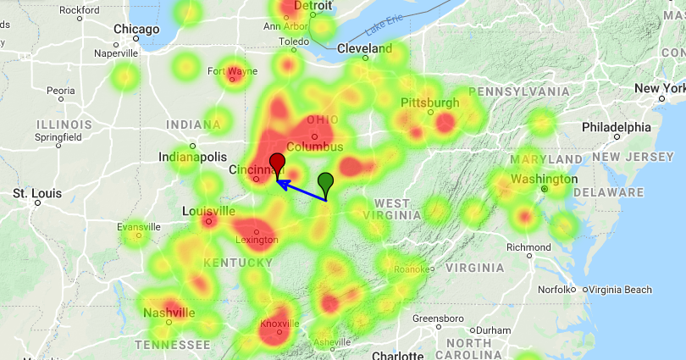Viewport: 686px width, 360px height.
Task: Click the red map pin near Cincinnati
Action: coord(278,163)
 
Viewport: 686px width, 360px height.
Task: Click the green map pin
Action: coord(326,182)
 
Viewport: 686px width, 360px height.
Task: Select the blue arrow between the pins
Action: coord(302,191)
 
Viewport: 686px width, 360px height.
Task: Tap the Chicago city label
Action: coord(136,30)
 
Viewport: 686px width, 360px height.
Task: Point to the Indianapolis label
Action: coord(193,157)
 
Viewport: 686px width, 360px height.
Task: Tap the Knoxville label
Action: coord(279,324)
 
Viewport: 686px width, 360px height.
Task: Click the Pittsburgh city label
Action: coord(430,102)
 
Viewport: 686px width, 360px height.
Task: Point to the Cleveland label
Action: coord(365,48)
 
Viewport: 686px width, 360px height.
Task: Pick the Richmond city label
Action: coord(528,247)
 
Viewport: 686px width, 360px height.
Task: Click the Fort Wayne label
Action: coord(232,70)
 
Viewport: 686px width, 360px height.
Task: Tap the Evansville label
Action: coord(139,227)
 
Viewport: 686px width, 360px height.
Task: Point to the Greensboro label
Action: coord(439,318)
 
